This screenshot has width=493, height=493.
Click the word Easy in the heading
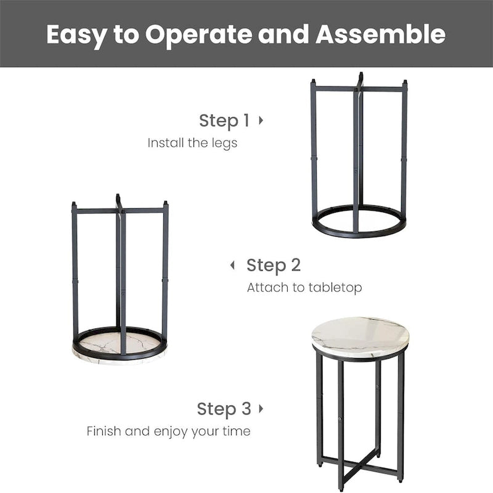tap(76, 35)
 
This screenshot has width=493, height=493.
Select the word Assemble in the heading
tap(380, 35)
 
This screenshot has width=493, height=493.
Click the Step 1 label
tap(224, 121)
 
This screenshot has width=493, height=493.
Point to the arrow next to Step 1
tap(261, 120)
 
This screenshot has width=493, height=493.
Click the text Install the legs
tap(192, 143)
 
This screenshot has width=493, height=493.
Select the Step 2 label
tap(274, 266)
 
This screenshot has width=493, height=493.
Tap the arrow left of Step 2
tap(232, 266)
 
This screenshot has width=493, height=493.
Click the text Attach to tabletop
tap(304, 288)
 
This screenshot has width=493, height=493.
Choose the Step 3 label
tap(224, 409)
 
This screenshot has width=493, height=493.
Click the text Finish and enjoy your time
tap(168, 431)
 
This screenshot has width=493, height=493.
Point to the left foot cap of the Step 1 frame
tap(313, 82)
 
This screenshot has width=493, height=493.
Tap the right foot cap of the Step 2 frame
tap(165, 204)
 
